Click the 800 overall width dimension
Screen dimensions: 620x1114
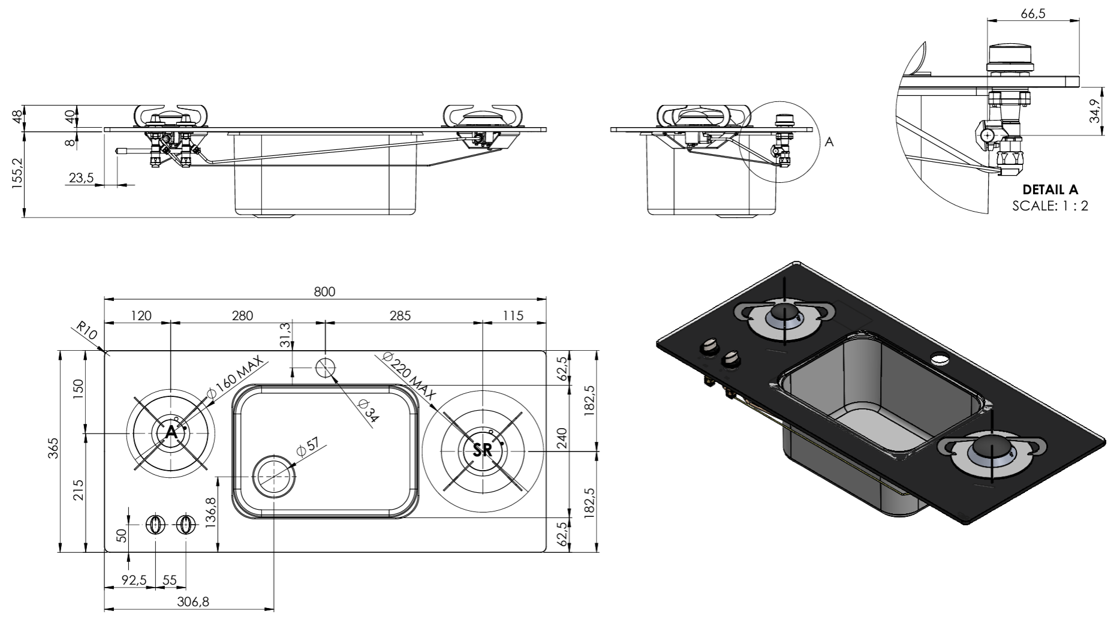(x=324, y=292)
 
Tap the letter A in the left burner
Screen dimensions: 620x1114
(x=171, y=432)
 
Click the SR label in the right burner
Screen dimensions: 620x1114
(x=483, y=450)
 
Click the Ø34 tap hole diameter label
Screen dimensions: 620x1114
(x=368, y=412)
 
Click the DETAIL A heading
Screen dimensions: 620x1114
(x=1049, y=190)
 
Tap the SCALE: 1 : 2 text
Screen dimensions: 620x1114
(x=1049, y=206)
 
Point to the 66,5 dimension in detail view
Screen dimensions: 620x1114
(x=1032, y=14)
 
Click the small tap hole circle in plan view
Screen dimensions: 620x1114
(x=326, y=367)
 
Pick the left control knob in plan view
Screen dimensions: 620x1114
(x=155, y=525)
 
